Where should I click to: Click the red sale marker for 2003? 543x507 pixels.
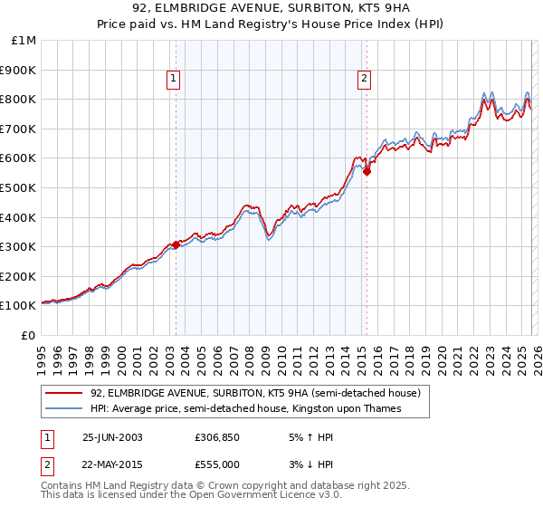(x=176, y=244)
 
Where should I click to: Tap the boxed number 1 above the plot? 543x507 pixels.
(x=173, y=80)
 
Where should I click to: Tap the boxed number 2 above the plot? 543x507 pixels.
(x=364, y=80)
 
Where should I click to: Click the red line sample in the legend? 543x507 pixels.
(x=64, y=394)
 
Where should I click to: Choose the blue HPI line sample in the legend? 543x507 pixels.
(x=64, y=409)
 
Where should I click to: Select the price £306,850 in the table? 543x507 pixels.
(x=216, y=436)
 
